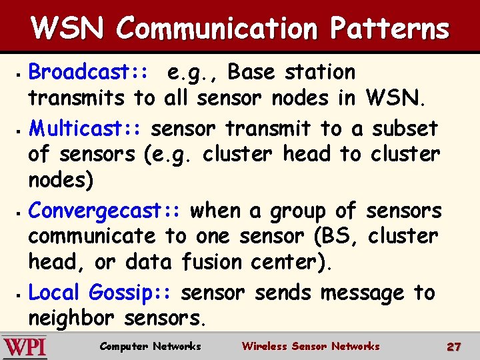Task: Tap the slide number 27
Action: point(454,347)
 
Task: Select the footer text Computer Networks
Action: point(150,346)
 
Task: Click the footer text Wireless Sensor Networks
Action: point(310,346)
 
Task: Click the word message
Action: point(362,293)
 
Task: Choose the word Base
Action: point(257,71)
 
